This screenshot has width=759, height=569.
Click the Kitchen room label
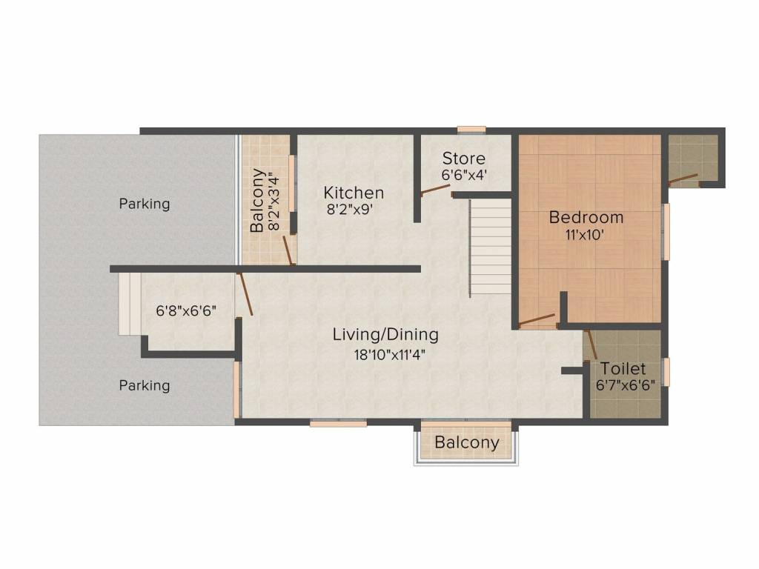[354, 193]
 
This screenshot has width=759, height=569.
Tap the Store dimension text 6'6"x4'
[464, 175]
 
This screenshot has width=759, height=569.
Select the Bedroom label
[586, 217]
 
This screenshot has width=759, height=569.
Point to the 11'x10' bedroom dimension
[585, 235]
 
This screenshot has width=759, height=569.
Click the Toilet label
[623, 369]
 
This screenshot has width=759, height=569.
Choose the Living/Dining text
[385, 334]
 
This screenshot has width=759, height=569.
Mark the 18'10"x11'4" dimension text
[389, 355]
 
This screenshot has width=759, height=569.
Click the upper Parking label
[145, 204]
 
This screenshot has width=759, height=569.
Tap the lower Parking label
[145, 385]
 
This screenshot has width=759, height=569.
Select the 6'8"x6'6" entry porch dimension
[186, 310]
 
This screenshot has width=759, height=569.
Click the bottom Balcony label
[467, 442]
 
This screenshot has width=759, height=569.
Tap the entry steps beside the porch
[129, 303]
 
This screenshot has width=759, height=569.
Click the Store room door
[435, 189]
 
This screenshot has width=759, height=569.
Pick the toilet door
[590, 345]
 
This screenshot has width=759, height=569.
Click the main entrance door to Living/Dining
[245, 294]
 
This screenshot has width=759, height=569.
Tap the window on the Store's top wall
[471, 130]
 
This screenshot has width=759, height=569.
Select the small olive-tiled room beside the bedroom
[693, 158]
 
